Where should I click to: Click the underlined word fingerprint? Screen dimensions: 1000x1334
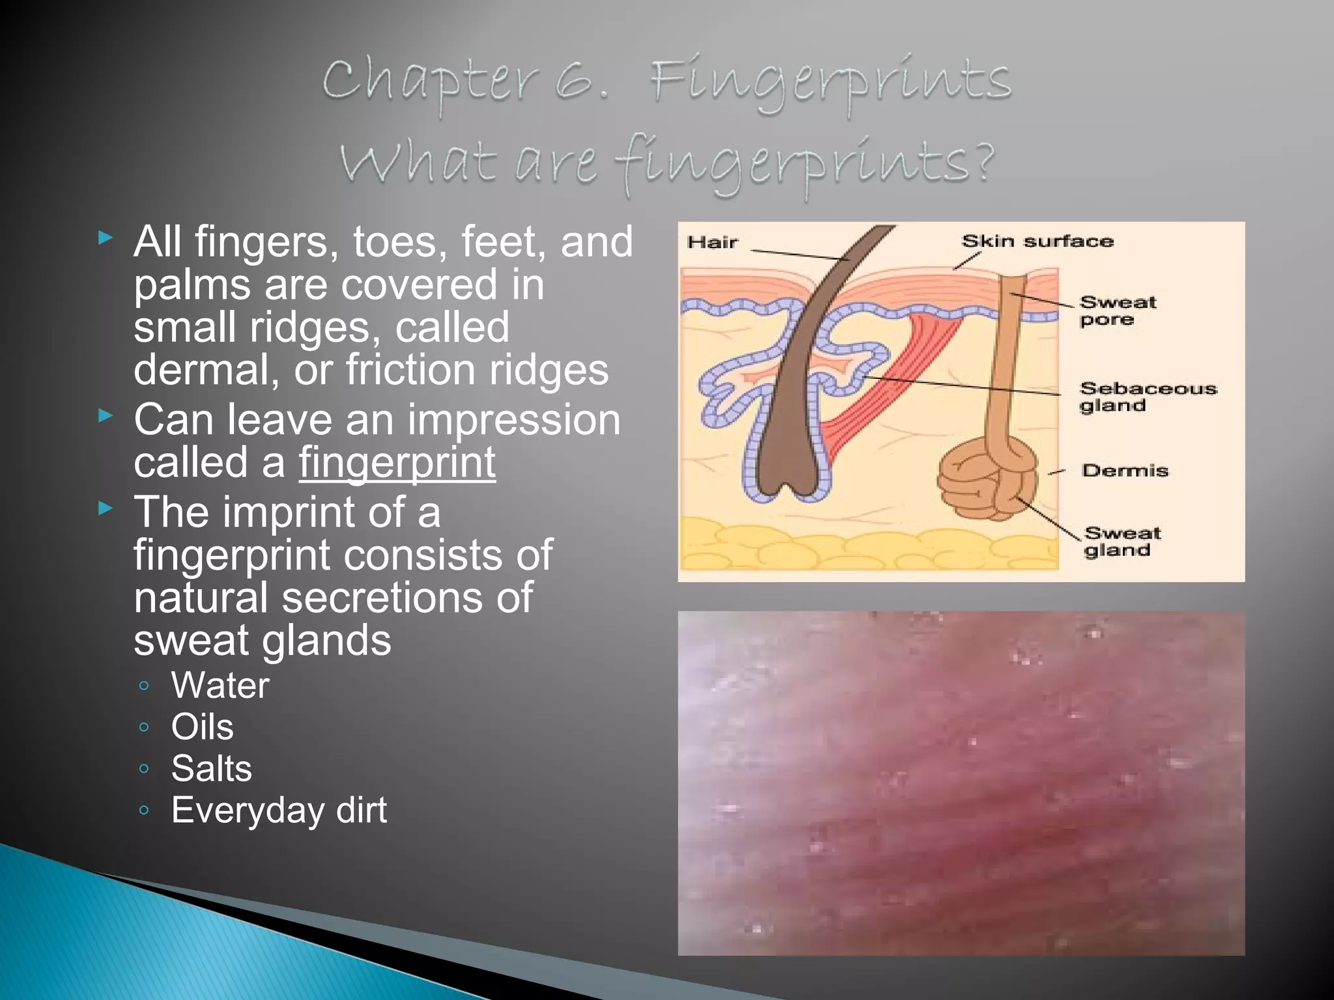397,463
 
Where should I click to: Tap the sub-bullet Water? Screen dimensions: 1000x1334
220,686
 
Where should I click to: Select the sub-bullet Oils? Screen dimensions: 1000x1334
202,727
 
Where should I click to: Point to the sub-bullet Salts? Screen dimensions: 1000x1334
211,769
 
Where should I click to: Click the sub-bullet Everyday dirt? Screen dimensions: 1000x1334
279,811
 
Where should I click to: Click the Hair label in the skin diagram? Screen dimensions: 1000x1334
713,243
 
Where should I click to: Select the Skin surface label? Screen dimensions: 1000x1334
1038,242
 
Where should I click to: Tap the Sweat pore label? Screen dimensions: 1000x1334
1117,311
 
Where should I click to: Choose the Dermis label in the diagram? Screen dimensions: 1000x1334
1125,471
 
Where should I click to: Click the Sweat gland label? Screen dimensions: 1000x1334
1122,542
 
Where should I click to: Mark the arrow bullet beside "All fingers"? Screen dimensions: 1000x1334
106,238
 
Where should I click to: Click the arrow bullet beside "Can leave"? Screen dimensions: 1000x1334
106,415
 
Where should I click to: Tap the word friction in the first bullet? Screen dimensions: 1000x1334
410,370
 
